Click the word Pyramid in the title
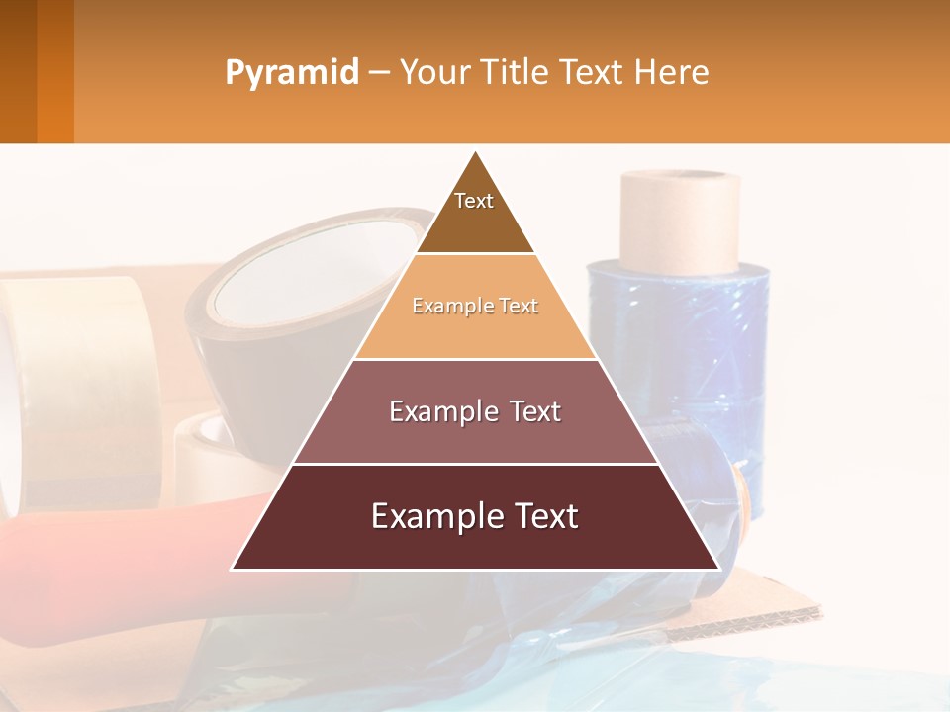291,73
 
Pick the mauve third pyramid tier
475,411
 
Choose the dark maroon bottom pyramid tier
475,517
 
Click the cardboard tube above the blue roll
680,220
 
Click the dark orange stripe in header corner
55,71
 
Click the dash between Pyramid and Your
379,73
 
